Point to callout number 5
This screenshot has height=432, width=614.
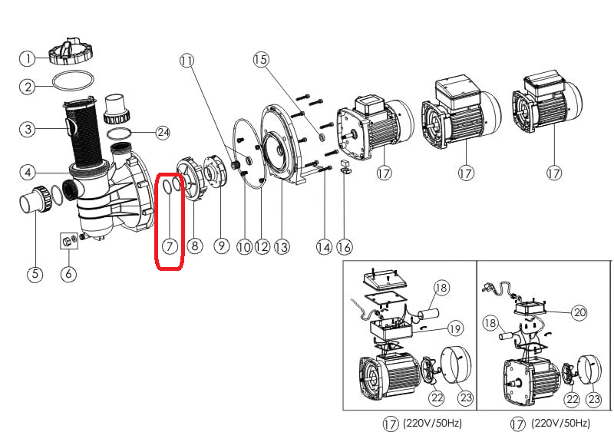(x=35, y=274)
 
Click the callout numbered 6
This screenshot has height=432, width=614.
(x=70, y=274)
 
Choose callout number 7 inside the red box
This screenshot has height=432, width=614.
(x=170, y=246)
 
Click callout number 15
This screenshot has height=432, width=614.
(x=262, y=59)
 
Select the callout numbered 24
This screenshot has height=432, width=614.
(x=162, y=132)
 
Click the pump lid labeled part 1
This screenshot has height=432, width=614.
(x=71, y=51)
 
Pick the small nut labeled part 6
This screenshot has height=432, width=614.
(x=67, y=243)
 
